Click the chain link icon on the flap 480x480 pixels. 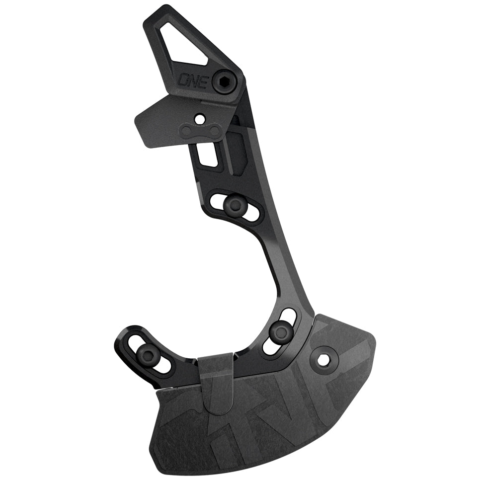pos(201,132)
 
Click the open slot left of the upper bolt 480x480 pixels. pos(217,201)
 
